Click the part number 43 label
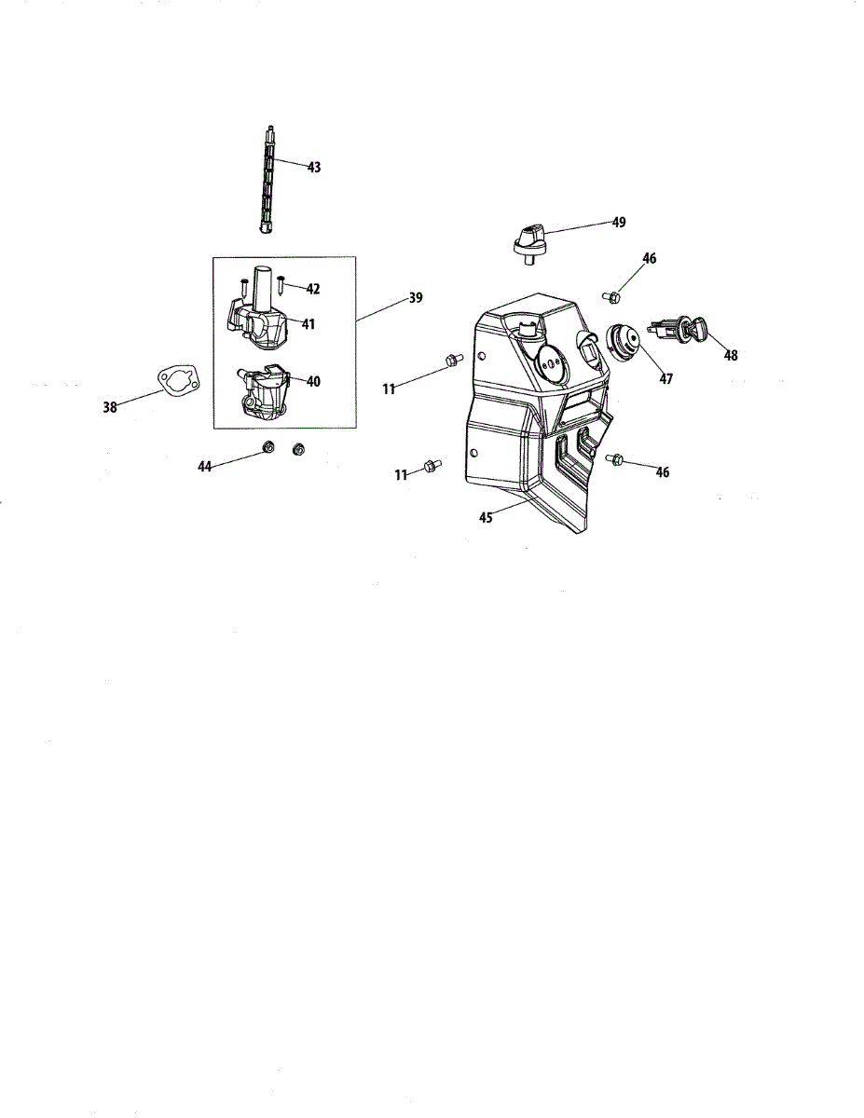(313, 168)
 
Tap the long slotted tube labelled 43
(267, 177)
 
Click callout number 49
(619, 223)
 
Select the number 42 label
(312, 290)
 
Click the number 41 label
(308, 325)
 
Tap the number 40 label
(313, 381)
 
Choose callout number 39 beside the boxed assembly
(415, 298)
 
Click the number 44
(205, 466)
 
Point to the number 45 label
(486, 518)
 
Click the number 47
(666, 379)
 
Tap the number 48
(731, 355)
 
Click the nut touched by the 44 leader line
(268, 448)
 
